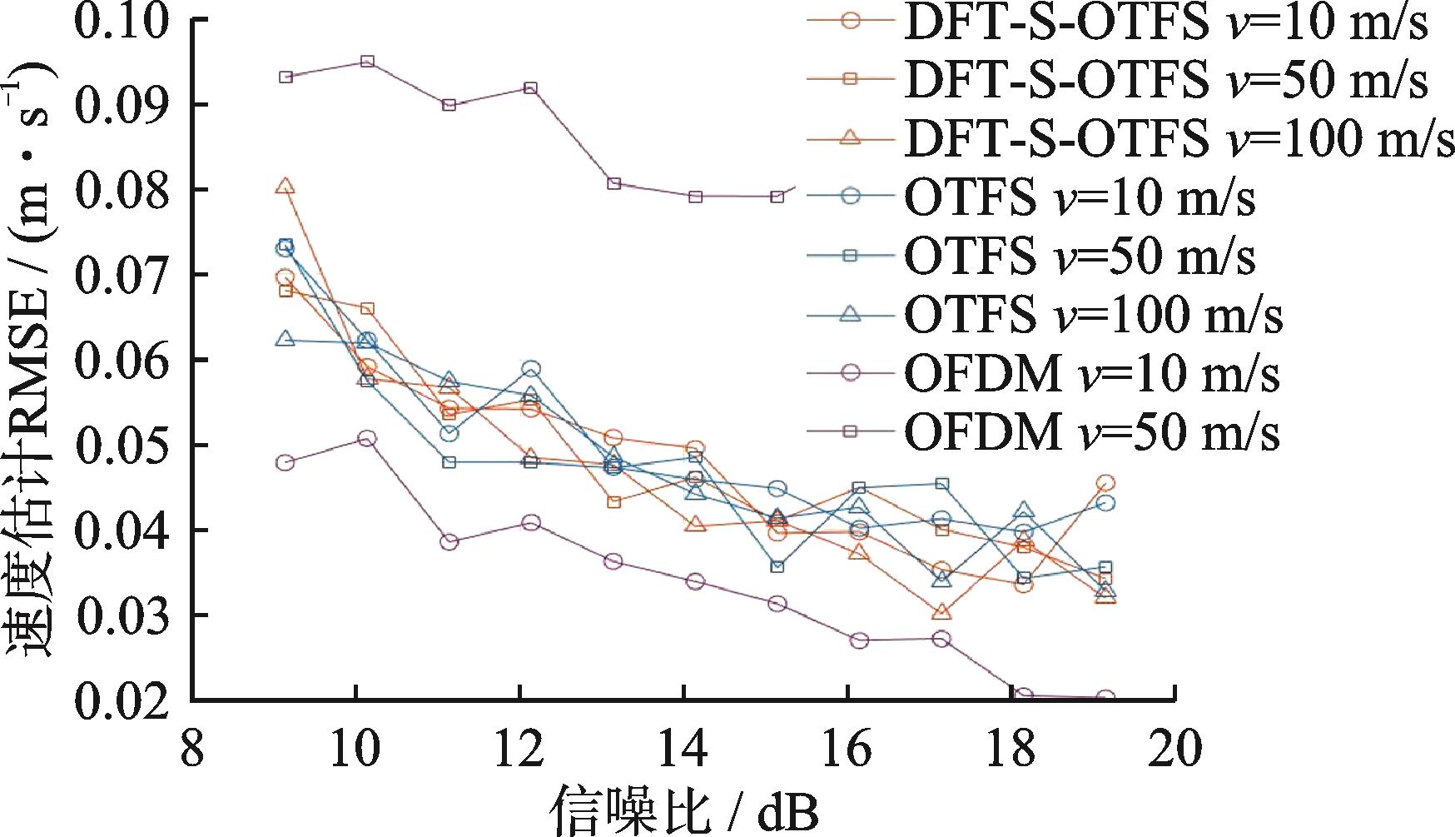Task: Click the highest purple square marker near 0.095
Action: coord(367,62)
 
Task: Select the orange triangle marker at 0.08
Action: coord(286,187)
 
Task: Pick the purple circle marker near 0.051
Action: coord(367,438)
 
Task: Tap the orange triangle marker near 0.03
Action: coord(941,612)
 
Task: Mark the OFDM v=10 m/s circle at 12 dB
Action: coord(531,523)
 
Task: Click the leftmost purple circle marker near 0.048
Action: coord(286,463)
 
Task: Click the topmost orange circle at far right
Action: coord(1105,483)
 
